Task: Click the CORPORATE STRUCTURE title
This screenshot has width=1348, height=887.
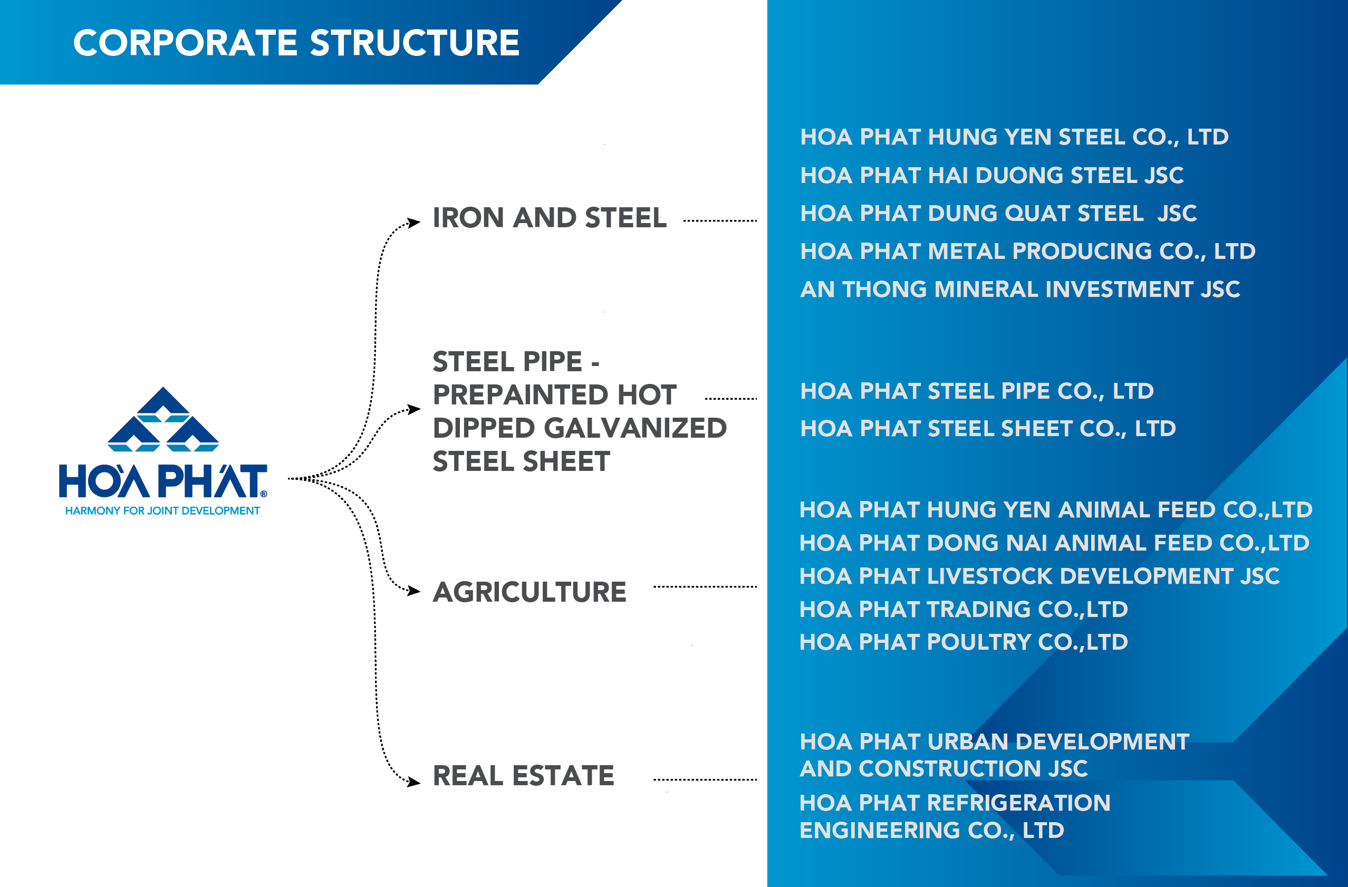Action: tap(296, 43)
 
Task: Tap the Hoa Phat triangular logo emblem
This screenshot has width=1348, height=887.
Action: tap(163, 419)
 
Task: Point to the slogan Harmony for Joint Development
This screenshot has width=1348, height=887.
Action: tap(162, 511)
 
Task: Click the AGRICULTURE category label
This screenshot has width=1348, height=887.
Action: tap(529, 592)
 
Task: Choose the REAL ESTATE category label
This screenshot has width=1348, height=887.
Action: tap(523, 776)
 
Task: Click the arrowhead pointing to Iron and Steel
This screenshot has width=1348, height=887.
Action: tap(414, 223)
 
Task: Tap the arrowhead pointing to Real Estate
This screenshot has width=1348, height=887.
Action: tap(414, 782)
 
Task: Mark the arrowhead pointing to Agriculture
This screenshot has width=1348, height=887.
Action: tap(414, 591)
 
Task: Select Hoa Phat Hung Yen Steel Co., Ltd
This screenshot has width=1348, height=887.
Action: tap(1014, 138)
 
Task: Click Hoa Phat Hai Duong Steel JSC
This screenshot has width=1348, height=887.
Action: tap(991, 176)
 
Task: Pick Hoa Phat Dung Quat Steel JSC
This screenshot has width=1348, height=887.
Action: tap(998, 214)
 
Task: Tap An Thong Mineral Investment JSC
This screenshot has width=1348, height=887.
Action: tap(1020, 290)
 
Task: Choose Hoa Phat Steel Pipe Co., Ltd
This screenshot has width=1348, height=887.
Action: tap(977, 391)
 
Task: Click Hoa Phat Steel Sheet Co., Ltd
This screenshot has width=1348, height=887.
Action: tap(988, 429)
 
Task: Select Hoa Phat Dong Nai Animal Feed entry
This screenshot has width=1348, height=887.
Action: tap(1054, 543)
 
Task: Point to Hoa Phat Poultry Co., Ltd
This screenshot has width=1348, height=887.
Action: tap(964, 642)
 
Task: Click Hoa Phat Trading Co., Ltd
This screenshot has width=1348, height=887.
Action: tap(964, 610)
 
